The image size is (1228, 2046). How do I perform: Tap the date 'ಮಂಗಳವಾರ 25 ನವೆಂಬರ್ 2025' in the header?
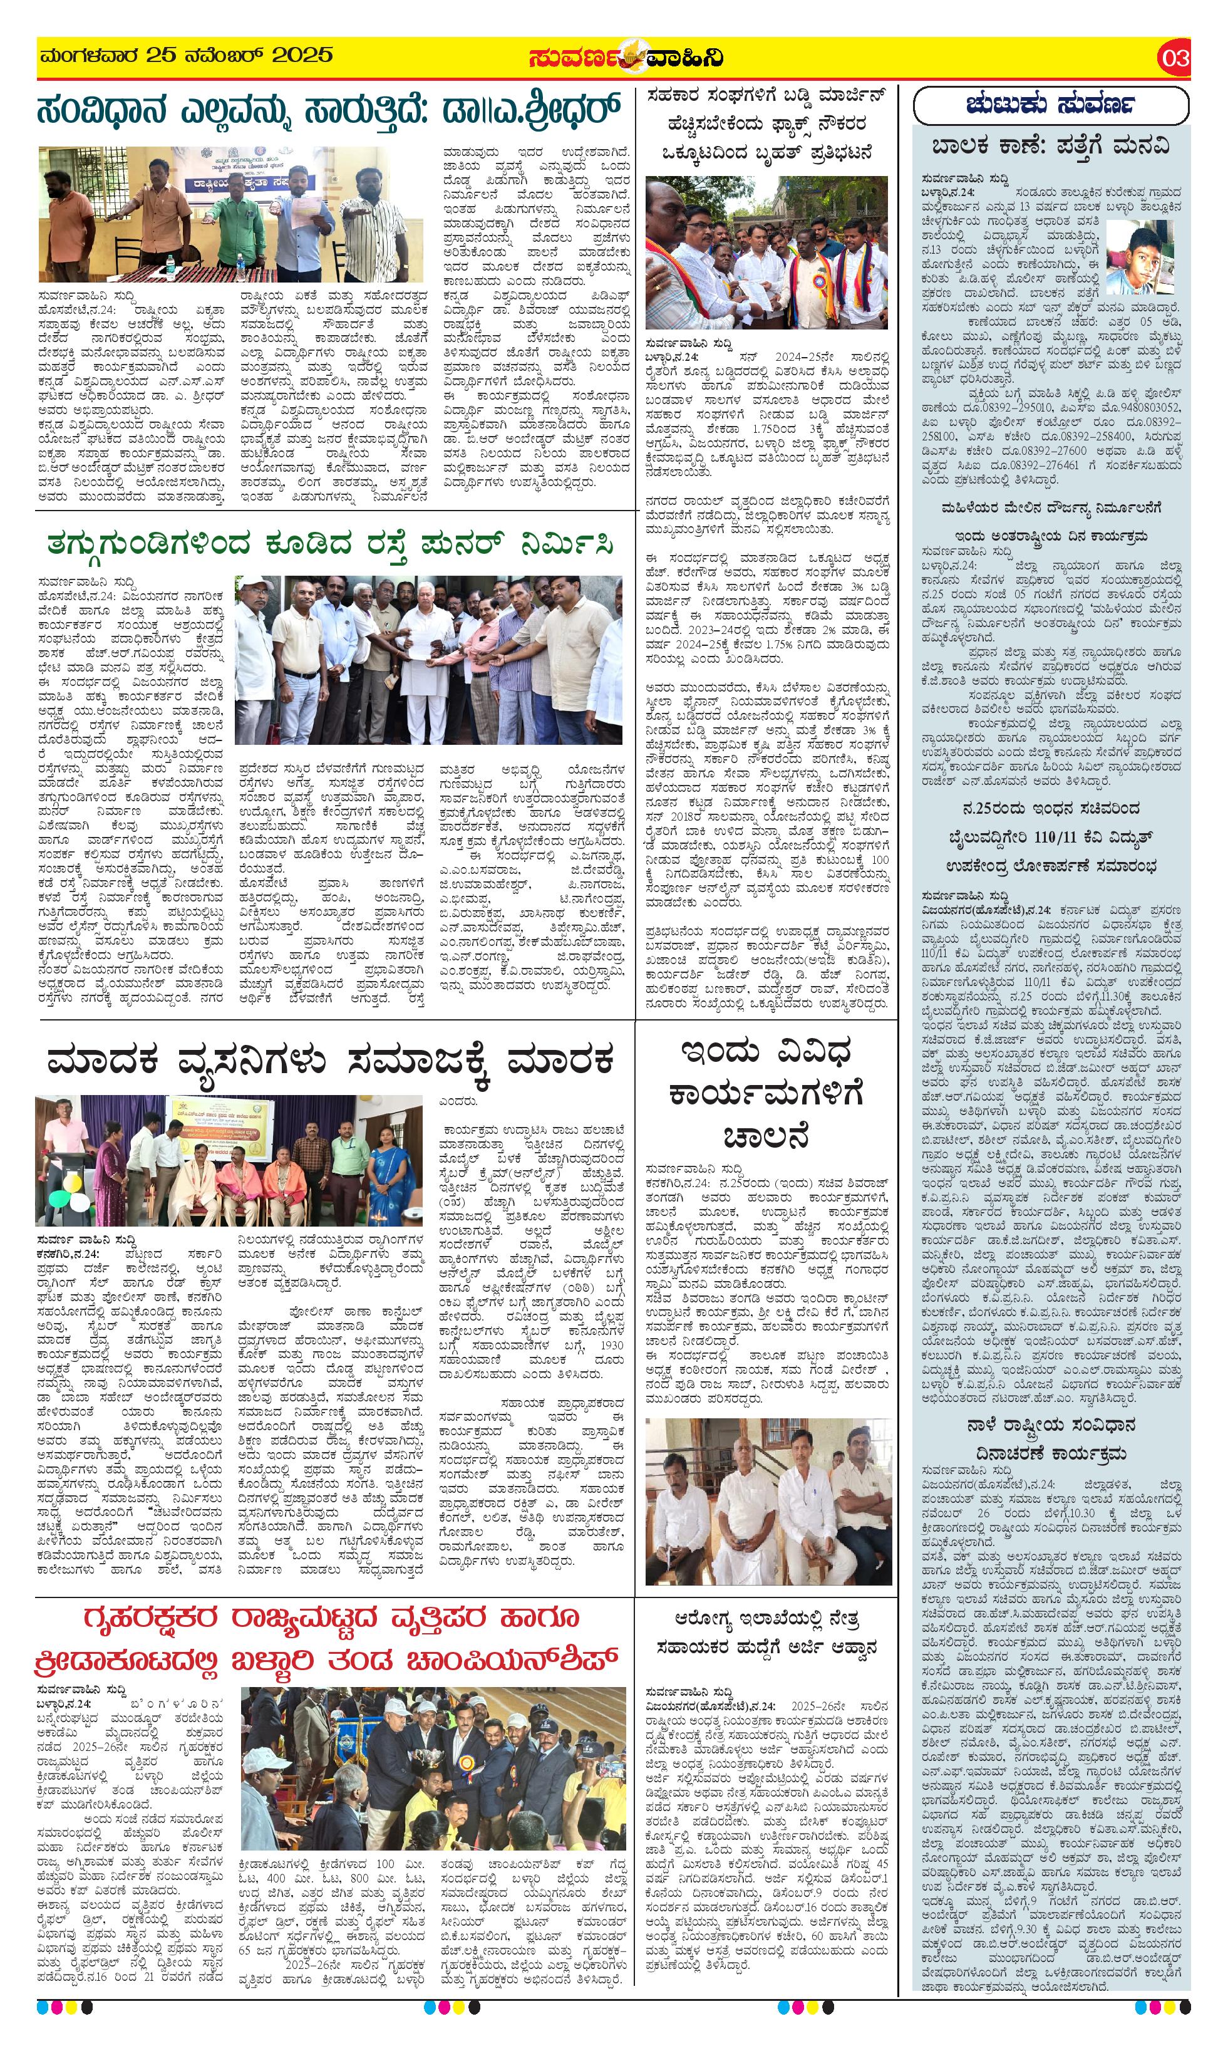(186, 56)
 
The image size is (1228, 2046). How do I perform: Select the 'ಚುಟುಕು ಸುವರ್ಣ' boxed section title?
(1050, 105)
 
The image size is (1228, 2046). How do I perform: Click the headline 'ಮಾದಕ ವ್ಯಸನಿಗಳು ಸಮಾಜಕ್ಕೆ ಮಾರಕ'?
(332, 1060)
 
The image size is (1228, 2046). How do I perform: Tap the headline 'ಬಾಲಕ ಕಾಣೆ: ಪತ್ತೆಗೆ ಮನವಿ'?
(1051, 147)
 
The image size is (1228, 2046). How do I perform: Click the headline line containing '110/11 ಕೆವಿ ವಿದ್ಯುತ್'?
(1051, 838)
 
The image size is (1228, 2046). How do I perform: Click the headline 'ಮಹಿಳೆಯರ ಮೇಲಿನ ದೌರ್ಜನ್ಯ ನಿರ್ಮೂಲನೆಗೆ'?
(1051, 507)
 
